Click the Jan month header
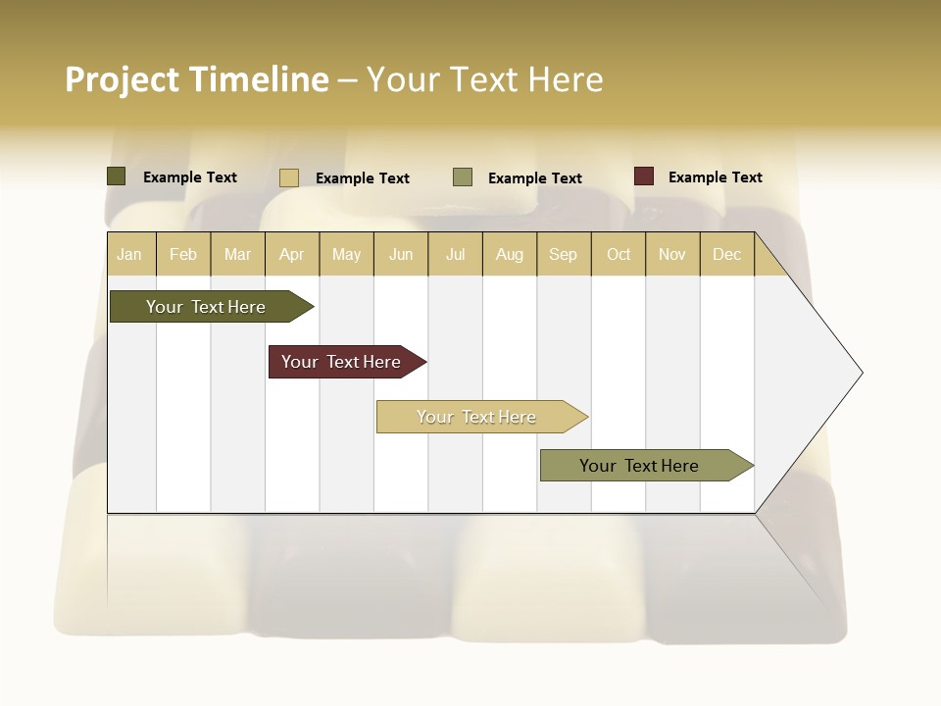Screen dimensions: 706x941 (129, 254)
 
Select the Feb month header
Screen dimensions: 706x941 (183, 254)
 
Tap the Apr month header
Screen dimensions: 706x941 (291, 254)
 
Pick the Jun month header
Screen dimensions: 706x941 (401, 254)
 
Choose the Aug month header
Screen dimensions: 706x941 (509, 254)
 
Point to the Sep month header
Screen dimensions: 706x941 (563, 254)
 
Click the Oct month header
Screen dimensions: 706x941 (619, 254)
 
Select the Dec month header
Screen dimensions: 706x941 (726, 254)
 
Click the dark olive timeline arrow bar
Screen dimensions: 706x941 (206, 307)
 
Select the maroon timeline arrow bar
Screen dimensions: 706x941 (341, 362)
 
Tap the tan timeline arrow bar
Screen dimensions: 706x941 (476, 417)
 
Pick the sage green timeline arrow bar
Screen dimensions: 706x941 (639, 466)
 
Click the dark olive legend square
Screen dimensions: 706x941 (117, 176)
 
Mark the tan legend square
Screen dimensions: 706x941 (289, 177)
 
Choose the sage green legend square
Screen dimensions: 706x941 (463, 177)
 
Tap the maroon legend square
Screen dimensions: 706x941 (643, 176)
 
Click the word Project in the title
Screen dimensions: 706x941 (123, 79)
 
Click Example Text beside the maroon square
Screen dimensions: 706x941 (715, 177)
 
